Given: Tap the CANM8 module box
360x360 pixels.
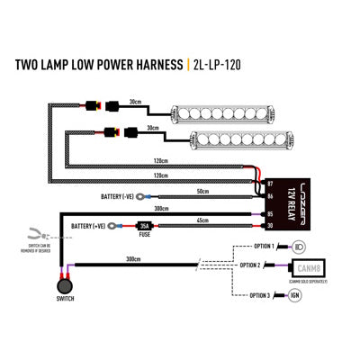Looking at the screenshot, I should pyautogui.click(x=306, y=266).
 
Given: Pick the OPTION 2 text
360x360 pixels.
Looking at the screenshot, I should pyautogui.click(x=253, y=267).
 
